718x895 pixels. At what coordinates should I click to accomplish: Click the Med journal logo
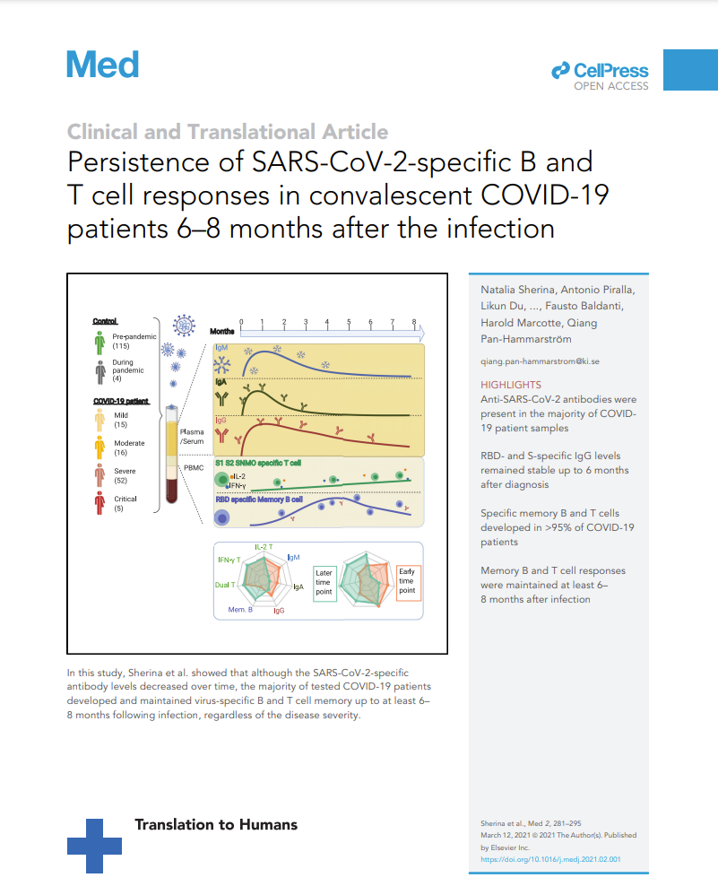click(x=103, y=65)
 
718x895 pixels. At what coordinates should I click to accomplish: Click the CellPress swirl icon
click(x=560, y=70)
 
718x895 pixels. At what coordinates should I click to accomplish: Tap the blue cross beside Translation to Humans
click(x=95, y=845)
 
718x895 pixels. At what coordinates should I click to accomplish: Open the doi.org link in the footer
click(x=551, y=858)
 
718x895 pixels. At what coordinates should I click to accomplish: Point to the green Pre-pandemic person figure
click(x=99, y=343)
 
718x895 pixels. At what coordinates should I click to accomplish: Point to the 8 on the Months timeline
click(x=413, y=322)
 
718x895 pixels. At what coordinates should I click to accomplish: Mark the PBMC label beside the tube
click(x=193, y=467)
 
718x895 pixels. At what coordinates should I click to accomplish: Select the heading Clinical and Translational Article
click(x=228, y=132)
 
